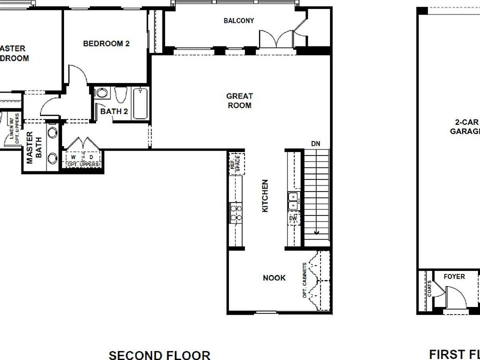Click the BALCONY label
tap(238, 20)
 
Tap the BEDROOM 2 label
tap(106, 43)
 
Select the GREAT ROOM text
tap(239, 100)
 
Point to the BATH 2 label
tap(114, 111)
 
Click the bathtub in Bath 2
tap(140, 102)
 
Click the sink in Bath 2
tap(101, 93)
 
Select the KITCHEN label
tap(265, 196)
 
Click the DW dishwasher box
tap(293, 218)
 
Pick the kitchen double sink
tap(293, 201)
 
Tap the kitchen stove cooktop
tap(235, 212)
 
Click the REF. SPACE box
tap(236, 163)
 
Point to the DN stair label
tap(315, 144)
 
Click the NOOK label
tap(274, 277)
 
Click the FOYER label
tap(454, 276)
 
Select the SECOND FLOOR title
tap(159, 355)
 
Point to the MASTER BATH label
tap(33, 147)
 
